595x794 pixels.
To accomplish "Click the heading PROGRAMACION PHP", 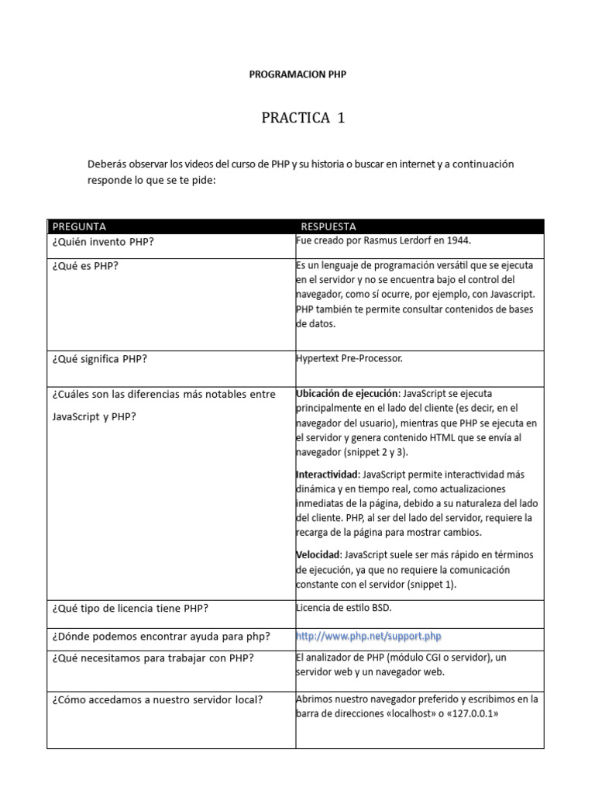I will [x=297, y=75].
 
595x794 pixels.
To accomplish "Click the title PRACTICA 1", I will [x=303, y=118].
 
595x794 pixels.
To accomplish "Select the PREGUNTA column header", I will [x=79, y=226].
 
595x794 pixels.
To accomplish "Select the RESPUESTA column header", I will [x=328, y=226].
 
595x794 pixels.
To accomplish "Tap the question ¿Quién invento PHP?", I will [x=104, y=242].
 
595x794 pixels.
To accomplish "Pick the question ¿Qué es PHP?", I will [x=85, y=266].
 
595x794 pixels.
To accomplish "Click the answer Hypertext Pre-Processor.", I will [x=349, y=359].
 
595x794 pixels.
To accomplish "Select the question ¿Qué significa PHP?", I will [x=101, y=360].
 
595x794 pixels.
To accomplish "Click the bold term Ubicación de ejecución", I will [x=346, y=393].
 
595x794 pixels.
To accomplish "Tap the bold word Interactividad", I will [x=327, y=474].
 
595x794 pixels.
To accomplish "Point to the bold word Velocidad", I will [x=318, y=555].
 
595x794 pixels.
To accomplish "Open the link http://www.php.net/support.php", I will [x=369, y=636].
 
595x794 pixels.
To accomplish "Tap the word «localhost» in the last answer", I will [x=406, y=713].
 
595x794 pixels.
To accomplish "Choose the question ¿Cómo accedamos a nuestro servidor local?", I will [x=157, y=699].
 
